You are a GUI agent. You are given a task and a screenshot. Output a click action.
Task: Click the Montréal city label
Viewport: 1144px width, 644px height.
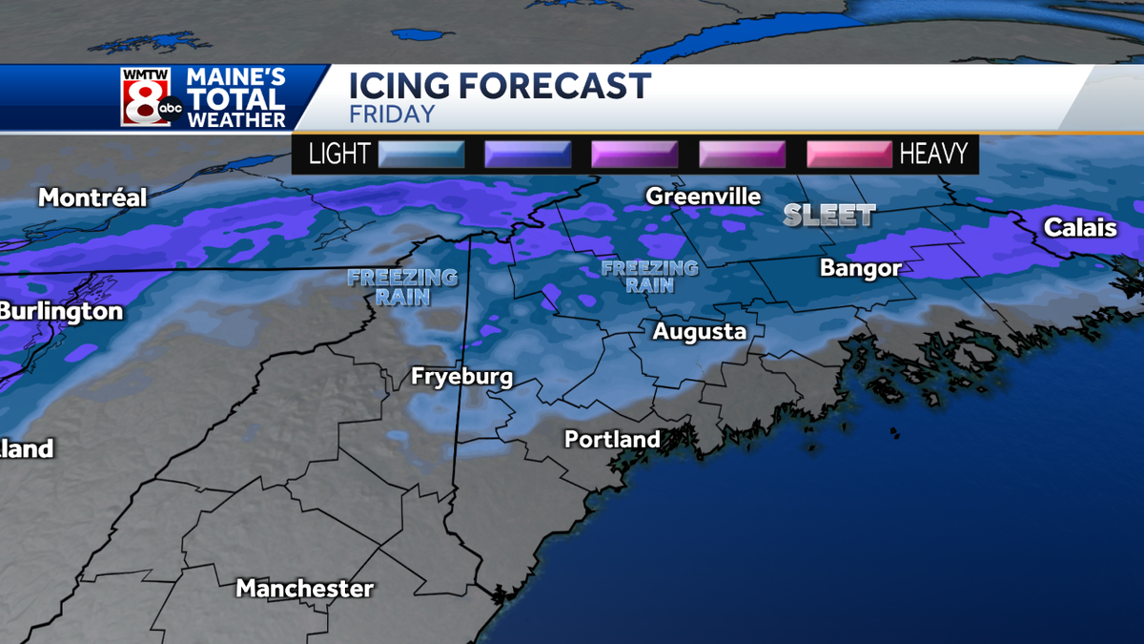[x=92, y=198]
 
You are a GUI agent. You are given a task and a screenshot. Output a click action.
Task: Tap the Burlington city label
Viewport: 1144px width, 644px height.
[x=61, y=312]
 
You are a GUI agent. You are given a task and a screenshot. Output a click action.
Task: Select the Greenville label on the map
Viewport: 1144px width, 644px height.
[x=704, y=197]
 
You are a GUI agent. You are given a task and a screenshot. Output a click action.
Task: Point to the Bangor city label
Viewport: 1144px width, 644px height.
[x=860, y=269]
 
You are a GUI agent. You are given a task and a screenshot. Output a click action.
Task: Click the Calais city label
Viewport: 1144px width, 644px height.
[x=1080, y=228]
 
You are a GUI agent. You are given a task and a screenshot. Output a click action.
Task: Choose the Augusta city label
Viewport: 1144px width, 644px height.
[x=699, y=332]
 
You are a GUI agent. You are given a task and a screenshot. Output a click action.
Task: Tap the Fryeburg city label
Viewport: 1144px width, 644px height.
[x=461, y=377]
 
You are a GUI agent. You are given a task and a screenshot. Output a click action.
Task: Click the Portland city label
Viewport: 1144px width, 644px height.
[x=612, y=440]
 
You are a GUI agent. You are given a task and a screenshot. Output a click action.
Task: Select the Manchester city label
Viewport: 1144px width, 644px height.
[x=305, y=588]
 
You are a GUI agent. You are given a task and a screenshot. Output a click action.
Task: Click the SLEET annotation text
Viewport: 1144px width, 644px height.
[x=829, y=216]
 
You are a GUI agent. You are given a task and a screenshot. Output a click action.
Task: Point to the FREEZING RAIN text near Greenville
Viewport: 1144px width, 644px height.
[x=650, y=277]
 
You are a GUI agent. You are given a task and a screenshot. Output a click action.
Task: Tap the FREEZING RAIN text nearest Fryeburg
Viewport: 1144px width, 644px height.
[x=402, y=287]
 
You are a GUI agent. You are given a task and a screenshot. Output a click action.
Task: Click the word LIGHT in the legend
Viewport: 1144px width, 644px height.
[x=339, y=155]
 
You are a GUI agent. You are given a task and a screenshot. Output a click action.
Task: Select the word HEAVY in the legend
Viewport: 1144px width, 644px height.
[x=933, y=155]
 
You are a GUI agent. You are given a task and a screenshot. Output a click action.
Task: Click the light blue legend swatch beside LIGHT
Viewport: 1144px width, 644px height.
[x=421, y=155]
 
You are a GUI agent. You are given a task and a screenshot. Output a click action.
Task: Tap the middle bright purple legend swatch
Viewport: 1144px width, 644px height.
[x=635, y=155]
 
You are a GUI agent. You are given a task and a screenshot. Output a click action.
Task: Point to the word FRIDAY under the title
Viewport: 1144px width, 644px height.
[x=392, y=114]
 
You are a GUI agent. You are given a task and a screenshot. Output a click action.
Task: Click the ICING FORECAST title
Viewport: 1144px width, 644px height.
[x=500, y=86]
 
